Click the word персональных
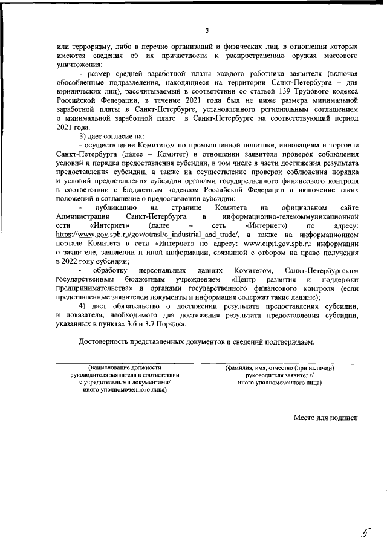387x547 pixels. (160, 270)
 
